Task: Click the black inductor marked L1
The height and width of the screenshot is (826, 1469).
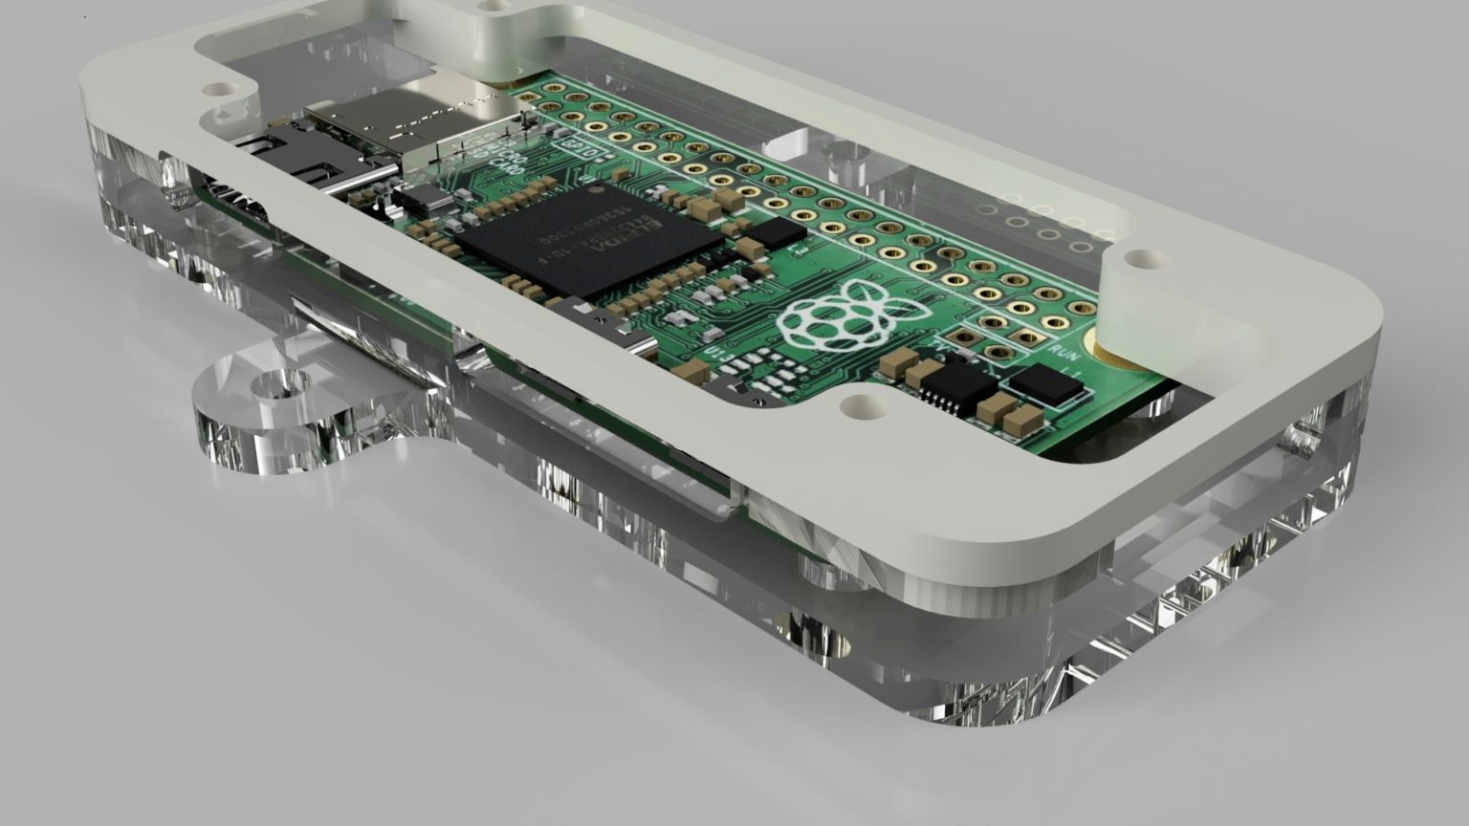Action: coord(1047,384)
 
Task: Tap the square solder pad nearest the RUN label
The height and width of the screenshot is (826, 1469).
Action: coord(1026,337)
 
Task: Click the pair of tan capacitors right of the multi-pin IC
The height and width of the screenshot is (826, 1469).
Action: coord(1010,413)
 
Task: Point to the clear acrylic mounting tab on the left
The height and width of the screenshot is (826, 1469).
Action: coord(287,411)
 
